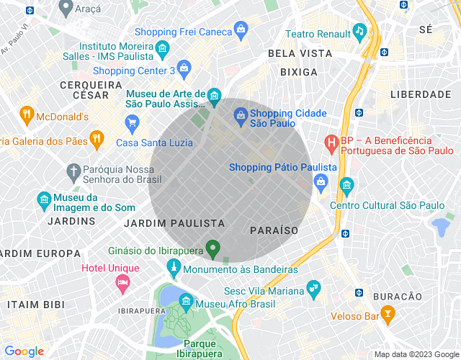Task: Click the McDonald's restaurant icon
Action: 27,113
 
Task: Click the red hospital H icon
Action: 331,143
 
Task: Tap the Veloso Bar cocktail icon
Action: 388,314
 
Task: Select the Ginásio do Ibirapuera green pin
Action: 212,248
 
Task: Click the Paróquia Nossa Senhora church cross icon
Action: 73,171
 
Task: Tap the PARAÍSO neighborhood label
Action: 274,230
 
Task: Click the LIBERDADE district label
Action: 421,94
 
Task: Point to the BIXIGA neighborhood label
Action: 298,72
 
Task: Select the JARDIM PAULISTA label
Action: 174,224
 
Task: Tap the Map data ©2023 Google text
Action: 416,354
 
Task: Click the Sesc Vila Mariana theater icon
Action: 313,288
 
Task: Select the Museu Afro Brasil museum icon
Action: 186,300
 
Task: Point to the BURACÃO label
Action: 395,296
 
